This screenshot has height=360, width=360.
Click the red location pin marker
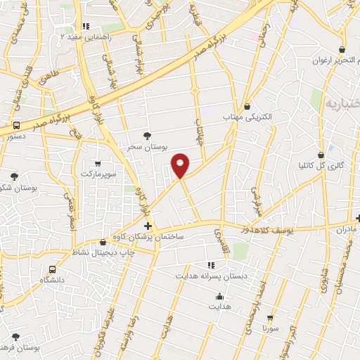coord(181,165)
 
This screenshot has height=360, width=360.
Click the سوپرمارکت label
coord(96,172)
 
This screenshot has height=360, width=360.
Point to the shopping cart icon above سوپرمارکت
coord(97,163)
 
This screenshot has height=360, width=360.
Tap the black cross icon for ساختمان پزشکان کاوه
coord(148,226)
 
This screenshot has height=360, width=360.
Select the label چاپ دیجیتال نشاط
coord(104,251)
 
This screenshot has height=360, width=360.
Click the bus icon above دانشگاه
coord(53,269)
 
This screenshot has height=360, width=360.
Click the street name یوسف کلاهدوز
coord(270,229)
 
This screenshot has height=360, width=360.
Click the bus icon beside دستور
coord(15,124)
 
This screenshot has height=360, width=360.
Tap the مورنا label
coord(271,328)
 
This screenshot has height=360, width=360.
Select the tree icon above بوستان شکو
coord(13,176)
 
